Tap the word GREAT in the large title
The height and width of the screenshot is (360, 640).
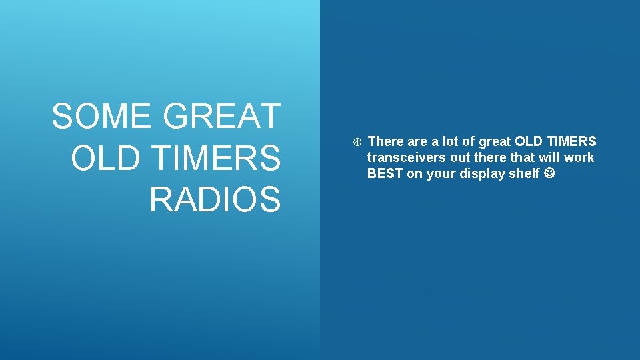pos(222,116)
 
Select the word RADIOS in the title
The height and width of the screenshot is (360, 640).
pos(215,199)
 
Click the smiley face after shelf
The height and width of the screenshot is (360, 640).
pos(549,174)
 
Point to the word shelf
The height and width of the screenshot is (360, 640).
pos(524,174)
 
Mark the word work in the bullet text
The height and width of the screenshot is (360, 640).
pos(579,158)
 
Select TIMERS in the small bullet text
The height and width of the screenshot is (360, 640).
pos(573,141)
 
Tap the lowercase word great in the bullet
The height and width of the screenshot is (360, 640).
pos(495,141)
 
